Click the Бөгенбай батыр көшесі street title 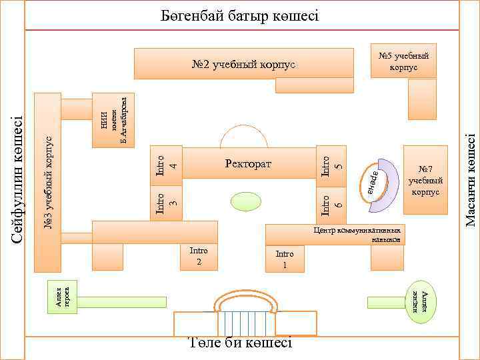pyautogui.click(x=241, y=14)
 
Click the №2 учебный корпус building pyautogui.click(x=243, y=65)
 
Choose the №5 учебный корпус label pyautogui.click(x=403, y=61)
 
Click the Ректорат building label pyautogui.click(x=249, y=163)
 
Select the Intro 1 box pyautogui.click(x=284, y=259)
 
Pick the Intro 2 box pyautogui.click(x=199, y=256)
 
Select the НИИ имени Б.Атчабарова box pyautogui.click(x=113, y=119)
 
